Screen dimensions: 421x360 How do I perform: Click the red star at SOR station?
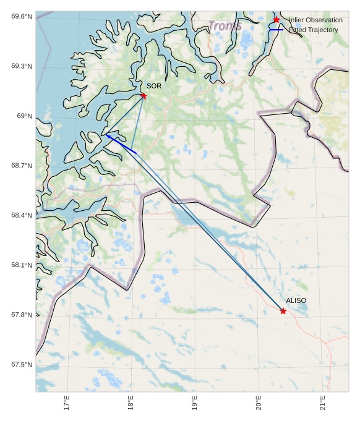pyautogui.click(x=144, y=96)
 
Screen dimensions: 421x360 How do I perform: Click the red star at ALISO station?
pyautogui.click(x=283, y=311)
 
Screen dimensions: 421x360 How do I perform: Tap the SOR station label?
pyautogui.click(x=154, y=86)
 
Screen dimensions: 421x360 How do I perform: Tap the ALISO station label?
pyautogui.click(x=296, y=300)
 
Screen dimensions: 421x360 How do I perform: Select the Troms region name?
pyautogui.click(x=225, y=26)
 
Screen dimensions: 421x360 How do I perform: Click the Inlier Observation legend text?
pyautogui.click(x=315, y=20)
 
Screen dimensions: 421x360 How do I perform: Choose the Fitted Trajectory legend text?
pyautogui.click(x=314, y=30)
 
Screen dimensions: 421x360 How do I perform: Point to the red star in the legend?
pyautogui.click(x=276, y=20)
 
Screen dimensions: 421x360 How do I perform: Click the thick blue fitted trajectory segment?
pyautogui.click(x=121, y=143)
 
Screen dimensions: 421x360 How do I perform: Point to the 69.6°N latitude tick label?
pyautogui.click(x=22, y=16)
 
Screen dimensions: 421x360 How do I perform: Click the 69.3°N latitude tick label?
pyautogui.click(x=22, y=66)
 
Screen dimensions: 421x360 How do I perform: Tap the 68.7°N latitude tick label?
pyautogui.click(x=22, y=166)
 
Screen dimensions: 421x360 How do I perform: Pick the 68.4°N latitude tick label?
pyautogui.click(x=22, y=216)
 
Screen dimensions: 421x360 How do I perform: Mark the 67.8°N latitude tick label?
pyautogui.click(x=22, y=315)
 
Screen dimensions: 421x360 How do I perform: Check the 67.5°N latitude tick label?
pyautogui.click(x=22, y=365)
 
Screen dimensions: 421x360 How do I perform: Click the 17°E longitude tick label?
pyautogui.click(x=66, y=403)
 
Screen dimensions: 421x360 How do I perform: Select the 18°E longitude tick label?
pyautogui.click(x=131, y=403)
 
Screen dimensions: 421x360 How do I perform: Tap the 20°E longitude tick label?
pyautogui.click(x=259, y=403)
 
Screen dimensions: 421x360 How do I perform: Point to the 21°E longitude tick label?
pyautogui.click(x=323, y=403)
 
